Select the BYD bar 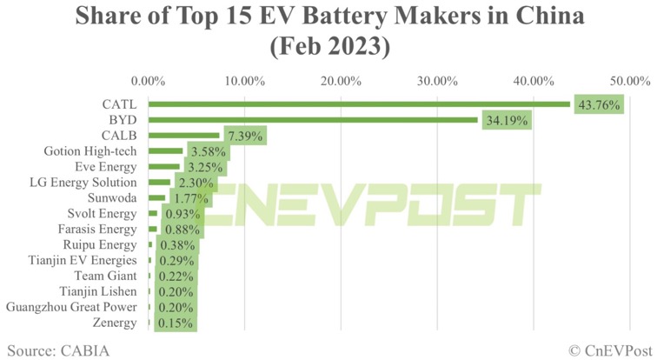pos(313,120)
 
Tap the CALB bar pos(184,136)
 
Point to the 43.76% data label pos(598,104)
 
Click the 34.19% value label pos(506,120)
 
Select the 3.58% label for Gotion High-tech pos(207,151)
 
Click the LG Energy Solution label pos(83,183)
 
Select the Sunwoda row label pos(113,198)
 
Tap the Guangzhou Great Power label pos(71,307)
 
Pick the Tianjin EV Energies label pos(83,260)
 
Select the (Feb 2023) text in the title pos(328,46)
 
